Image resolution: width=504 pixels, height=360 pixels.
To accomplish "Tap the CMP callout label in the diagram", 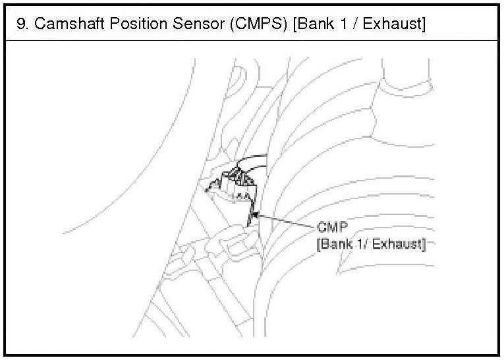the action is click(x=331, y=228).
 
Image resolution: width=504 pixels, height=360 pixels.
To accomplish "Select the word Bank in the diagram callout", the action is click(x=336, y=245).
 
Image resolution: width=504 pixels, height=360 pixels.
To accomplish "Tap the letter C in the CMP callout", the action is click(x=322, y=228).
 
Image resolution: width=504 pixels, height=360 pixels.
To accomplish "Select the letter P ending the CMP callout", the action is click(x=341, y=228).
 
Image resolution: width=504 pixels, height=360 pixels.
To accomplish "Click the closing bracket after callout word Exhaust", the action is click(x=423, y=245).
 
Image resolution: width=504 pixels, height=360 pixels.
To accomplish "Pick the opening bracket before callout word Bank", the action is click(x=320, y=245).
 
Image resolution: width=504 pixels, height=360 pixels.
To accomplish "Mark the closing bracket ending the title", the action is click(x=424, y=25).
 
